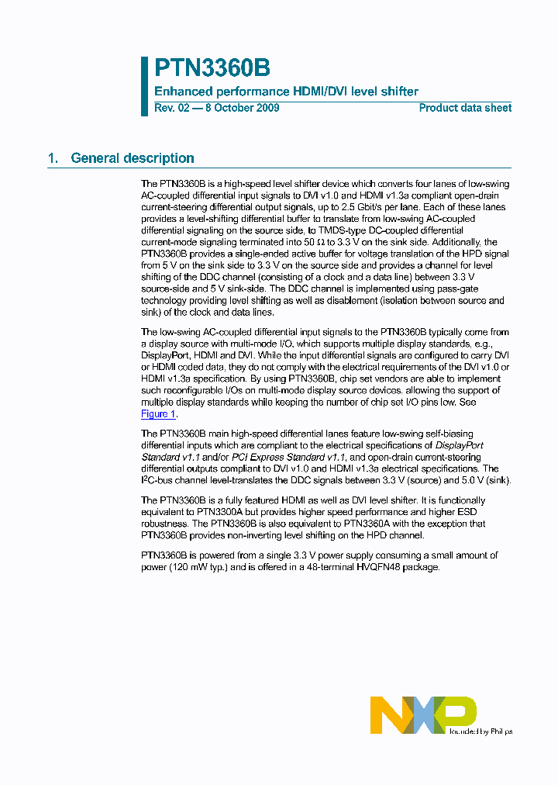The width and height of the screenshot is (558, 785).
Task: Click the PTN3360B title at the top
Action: tap(212, 68)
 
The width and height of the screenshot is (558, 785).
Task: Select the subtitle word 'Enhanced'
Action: tap(181, 92)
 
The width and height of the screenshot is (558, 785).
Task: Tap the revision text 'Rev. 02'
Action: tap(171, 108)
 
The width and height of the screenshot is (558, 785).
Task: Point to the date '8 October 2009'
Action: tap(242, 108)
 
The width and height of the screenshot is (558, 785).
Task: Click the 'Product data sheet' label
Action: tap(465, 108)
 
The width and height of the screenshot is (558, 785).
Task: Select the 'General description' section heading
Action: tap(133, 158)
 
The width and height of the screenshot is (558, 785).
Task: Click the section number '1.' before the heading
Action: tap(53, 158)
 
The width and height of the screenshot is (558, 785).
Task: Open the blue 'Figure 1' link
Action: tap(159, 414)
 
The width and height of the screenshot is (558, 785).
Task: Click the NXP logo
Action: tap(422, 714)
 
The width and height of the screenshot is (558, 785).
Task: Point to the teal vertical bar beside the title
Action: tap(144, 85)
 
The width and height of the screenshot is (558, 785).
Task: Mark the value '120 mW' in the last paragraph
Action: tap(190, 567)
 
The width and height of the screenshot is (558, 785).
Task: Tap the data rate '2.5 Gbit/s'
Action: tap(416, 207)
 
